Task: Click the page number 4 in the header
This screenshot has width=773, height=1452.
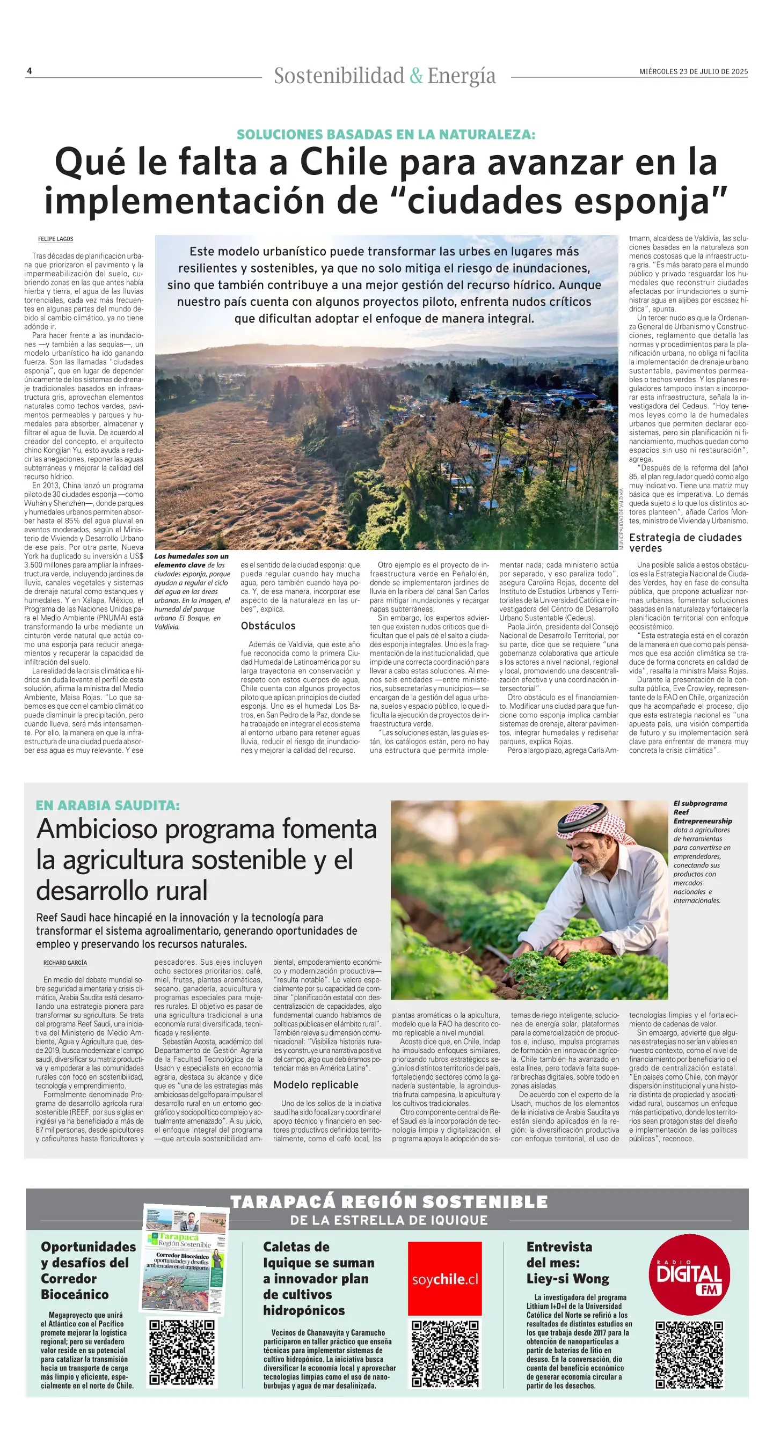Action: click(x=30, y=71)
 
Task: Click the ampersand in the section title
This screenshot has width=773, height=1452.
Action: click(x=416, y=76)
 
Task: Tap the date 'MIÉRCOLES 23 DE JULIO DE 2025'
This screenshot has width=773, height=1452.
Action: click(x=693, y=71)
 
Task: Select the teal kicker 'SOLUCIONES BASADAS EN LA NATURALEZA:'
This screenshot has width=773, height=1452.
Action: click(x=385, y=135)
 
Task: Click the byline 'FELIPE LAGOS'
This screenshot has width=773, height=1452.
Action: click(x=56, y=239)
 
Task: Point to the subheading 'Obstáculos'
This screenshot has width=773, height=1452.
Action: click(x=268, y=626)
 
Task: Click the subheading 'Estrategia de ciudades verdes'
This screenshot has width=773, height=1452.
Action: click(x=685, y=542)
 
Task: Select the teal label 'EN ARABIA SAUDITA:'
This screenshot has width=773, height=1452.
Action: click(x=108, y=805)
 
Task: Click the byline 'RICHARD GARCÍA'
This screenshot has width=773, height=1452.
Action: click(x=65, y=963)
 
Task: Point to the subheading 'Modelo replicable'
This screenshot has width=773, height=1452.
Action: click(x=316, y=1084)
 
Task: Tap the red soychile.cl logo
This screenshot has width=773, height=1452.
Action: click(x=445, y=1279)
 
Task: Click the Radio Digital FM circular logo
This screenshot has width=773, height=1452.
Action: click(x=689, y=1275)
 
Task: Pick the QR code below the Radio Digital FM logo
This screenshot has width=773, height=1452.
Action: click(x=689, y=1354)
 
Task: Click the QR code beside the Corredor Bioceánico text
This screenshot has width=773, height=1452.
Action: click(x=182, y=1352)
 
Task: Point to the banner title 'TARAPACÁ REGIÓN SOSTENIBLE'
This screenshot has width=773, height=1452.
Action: click(x=389, y=1202)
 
